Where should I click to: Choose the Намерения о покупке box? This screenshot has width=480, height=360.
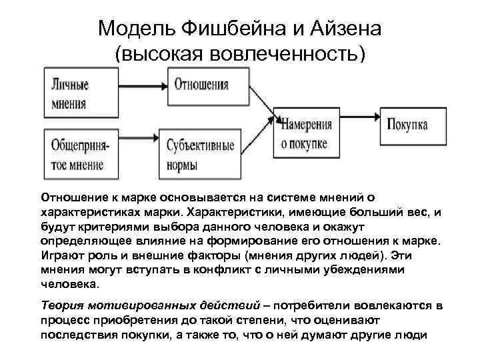coord(308,133)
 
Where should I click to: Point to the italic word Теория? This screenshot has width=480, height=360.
coord(63,306)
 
